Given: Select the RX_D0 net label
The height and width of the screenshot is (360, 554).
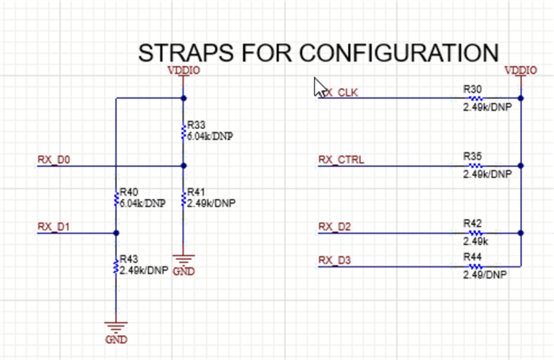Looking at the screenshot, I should (x=54, y=159).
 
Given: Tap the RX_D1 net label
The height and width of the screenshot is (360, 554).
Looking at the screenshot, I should (x=53, y=227).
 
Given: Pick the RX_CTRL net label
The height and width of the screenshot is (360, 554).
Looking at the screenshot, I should (x=341, y=159).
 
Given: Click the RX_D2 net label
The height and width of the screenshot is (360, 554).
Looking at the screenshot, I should (x=335, y=227).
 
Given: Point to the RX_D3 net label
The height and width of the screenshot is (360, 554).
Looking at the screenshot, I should (x=335, y=260).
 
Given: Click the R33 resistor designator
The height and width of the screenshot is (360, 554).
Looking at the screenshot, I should (x=196, y=125).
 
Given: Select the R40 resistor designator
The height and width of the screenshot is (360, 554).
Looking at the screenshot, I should (x=129, y=191).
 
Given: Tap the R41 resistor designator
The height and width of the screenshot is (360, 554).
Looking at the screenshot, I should (x=196, y=191).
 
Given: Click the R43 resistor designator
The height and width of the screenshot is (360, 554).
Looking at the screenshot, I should (x=129, y=259).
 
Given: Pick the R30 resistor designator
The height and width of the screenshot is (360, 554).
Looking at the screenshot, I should (x=473, y=89).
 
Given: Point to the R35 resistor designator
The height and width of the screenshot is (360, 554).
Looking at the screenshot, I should (x=473, y=157).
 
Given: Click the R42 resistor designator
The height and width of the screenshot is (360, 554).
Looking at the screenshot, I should (x=473, y=222).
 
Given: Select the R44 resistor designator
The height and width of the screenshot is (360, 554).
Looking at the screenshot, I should (x=473, y=257).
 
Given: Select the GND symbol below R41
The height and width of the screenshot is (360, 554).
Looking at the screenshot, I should (x=184, y=260).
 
